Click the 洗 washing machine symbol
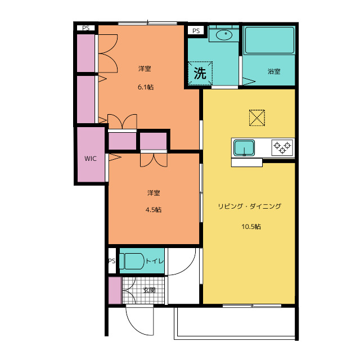pos(200,73)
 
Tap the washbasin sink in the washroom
pos(224,35)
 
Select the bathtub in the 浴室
pos(269,40)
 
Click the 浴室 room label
pos(274,71)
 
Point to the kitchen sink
pos(244,148)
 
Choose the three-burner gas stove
pos(282,147)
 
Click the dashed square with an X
pos(257,118)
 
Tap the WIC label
pos(91,159)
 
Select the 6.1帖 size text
pos(146,87)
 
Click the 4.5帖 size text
pos(154,210)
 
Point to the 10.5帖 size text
pos(251,227)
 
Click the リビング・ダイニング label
pos(250,206)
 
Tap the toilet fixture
pos(132,261)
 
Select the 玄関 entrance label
pos(149,290)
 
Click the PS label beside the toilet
pos(112,261)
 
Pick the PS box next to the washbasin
pos(196,31)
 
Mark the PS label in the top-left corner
pos(86,28)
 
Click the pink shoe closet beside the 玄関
pos(115,290)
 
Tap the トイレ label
pos(155,261)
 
